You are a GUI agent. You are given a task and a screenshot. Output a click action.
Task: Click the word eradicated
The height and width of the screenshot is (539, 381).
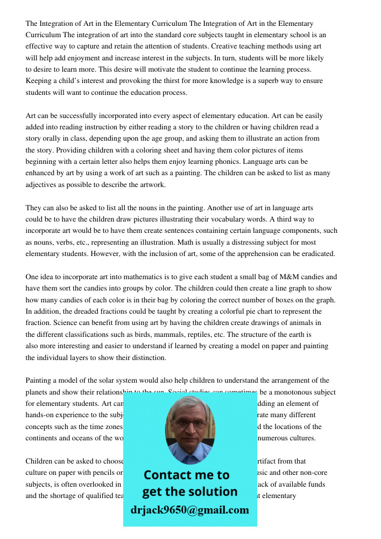click(x=317, y=253)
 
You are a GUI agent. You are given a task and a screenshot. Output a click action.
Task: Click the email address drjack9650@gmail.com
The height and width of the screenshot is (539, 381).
click(x=189, y=509)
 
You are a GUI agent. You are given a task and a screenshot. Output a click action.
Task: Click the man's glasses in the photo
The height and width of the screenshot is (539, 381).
click(x=190, y=424)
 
